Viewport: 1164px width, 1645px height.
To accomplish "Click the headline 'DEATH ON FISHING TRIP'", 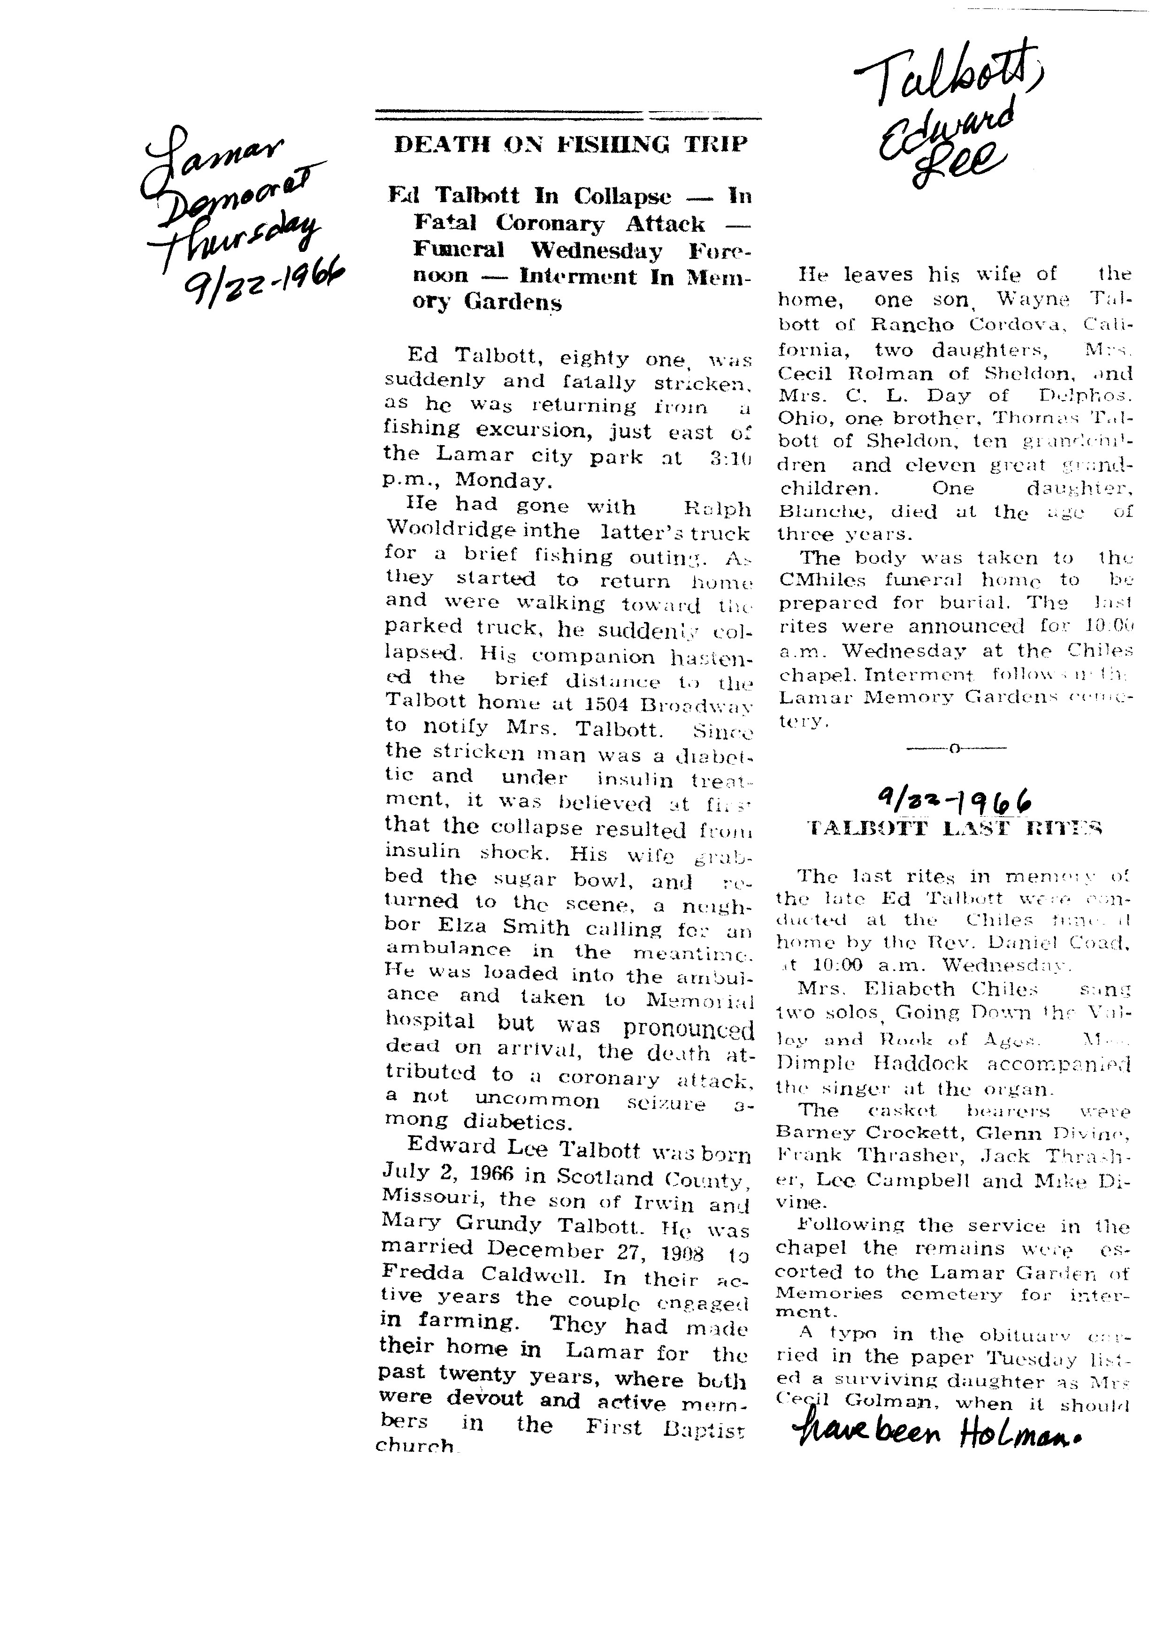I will [x=571, y=145].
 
